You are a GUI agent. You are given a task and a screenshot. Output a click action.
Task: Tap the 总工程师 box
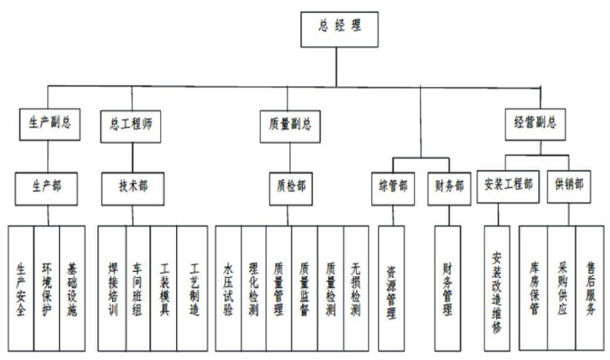[x=128, y=123]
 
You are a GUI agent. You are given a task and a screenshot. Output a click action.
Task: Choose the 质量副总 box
[x=285, y=123]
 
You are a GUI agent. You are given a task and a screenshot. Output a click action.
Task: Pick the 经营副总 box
[x=535, y=123]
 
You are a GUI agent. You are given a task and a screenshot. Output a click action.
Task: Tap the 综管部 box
[x=392, y=184]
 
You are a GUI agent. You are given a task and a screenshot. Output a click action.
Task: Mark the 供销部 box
[x=568, y=184]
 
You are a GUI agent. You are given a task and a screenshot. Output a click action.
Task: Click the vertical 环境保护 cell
[x=47, y=287]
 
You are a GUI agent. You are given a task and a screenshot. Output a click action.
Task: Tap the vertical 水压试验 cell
[x=228, y=287]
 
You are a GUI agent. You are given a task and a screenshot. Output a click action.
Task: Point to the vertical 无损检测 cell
[x=356, y=287]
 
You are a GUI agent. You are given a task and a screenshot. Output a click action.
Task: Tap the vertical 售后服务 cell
[x=590, y=287]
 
